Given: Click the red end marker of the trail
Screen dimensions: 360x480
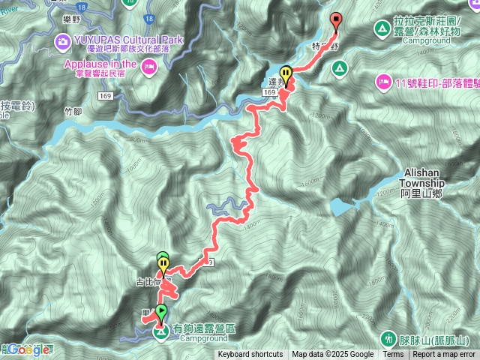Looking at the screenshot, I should (335, 20).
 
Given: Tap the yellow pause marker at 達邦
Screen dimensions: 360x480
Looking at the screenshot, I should (286, 75).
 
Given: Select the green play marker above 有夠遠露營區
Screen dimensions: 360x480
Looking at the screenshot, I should (161, 311).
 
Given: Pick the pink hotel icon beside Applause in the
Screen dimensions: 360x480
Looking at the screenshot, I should (149, 68).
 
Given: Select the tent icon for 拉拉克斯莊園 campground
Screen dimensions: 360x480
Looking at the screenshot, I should (382, 29).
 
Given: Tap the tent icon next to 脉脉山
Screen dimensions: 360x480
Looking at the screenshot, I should (388, 338).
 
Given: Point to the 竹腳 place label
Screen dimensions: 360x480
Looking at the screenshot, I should (72, 110).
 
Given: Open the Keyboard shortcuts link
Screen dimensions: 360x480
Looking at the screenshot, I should (250, 355).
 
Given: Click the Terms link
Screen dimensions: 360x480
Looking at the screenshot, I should (393, 355).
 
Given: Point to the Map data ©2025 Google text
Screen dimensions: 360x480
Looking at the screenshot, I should (333, 355).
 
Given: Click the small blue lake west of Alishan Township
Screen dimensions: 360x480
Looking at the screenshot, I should (341, 205).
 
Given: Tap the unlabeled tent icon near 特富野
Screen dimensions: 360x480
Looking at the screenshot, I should (339, 69).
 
